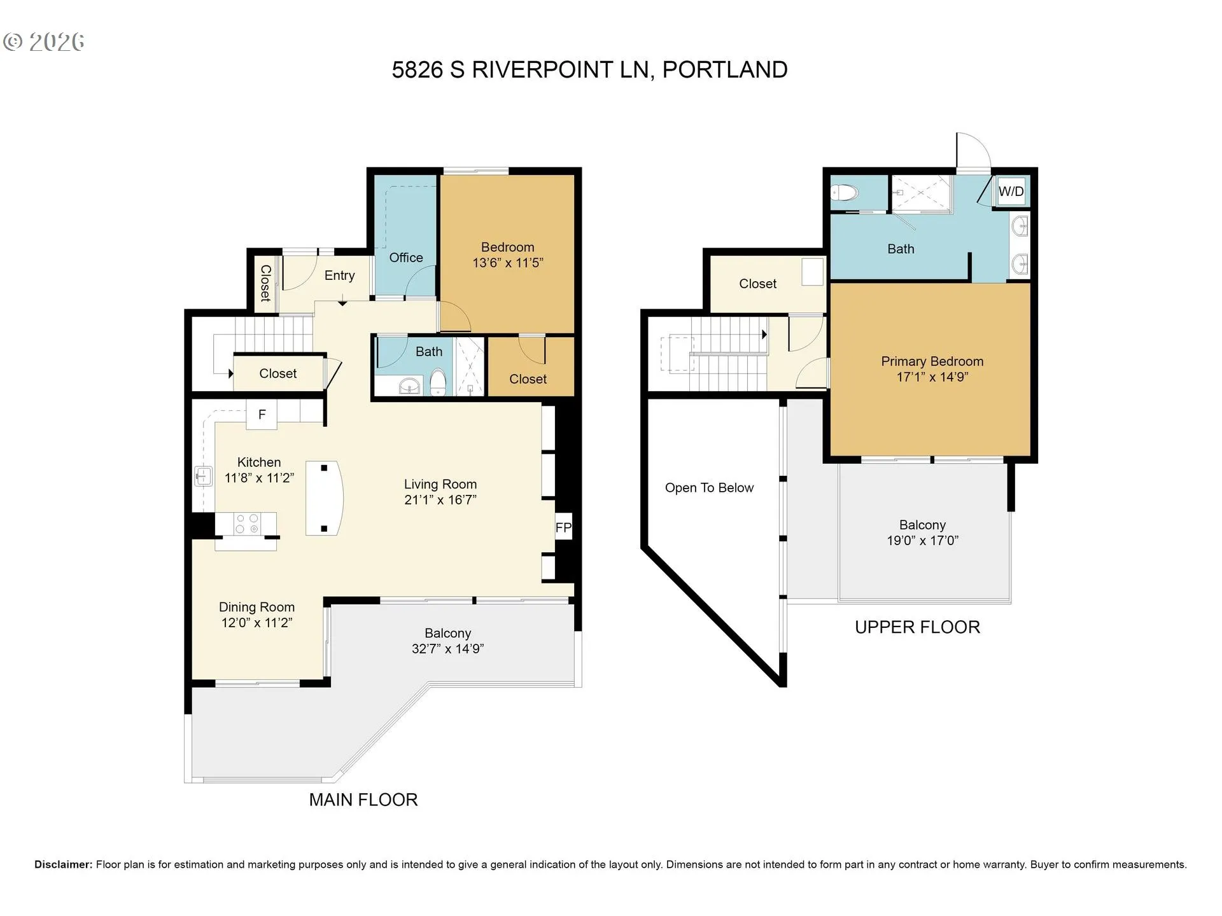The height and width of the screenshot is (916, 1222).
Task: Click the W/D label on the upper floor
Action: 1011,191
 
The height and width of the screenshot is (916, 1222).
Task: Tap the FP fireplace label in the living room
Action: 563,527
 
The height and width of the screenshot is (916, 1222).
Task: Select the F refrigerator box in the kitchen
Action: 262,415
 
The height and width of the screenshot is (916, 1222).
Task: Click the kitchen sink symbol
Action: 203,476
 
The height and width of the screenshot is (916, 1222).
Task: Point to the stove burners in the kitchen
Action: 246,524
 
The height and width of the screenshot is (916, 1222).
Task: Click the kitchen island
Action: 325,497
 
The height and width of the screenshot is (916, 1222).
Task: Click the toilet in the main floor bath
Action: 438,382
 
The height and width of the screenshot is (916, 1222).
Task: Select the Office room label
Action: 406,258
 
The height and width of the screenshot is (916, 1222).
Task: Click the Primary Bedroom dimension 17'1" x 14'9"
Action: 932,377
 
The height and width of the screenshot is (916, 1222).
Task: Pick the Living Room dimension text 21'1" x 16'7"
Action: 440,500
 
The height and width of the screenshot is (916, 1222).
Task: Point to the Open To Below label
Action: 709,488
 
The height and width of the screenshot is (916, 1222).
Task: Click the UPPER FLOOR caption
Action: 917,627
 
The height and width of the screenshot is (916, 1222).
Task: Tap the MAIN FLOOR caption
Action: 363,800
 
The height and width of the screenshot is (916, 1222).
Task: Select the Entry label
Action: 339,275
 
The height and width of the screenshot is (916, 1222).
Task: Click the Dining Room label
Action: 256,607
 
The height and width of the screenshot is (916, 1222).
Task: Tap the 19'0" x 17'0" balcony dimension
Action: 922,541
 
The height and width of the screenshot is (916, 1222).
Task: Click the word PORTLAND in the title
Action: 725,69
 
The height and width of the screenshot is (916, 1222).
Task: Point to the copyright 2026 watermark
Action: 44,42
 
